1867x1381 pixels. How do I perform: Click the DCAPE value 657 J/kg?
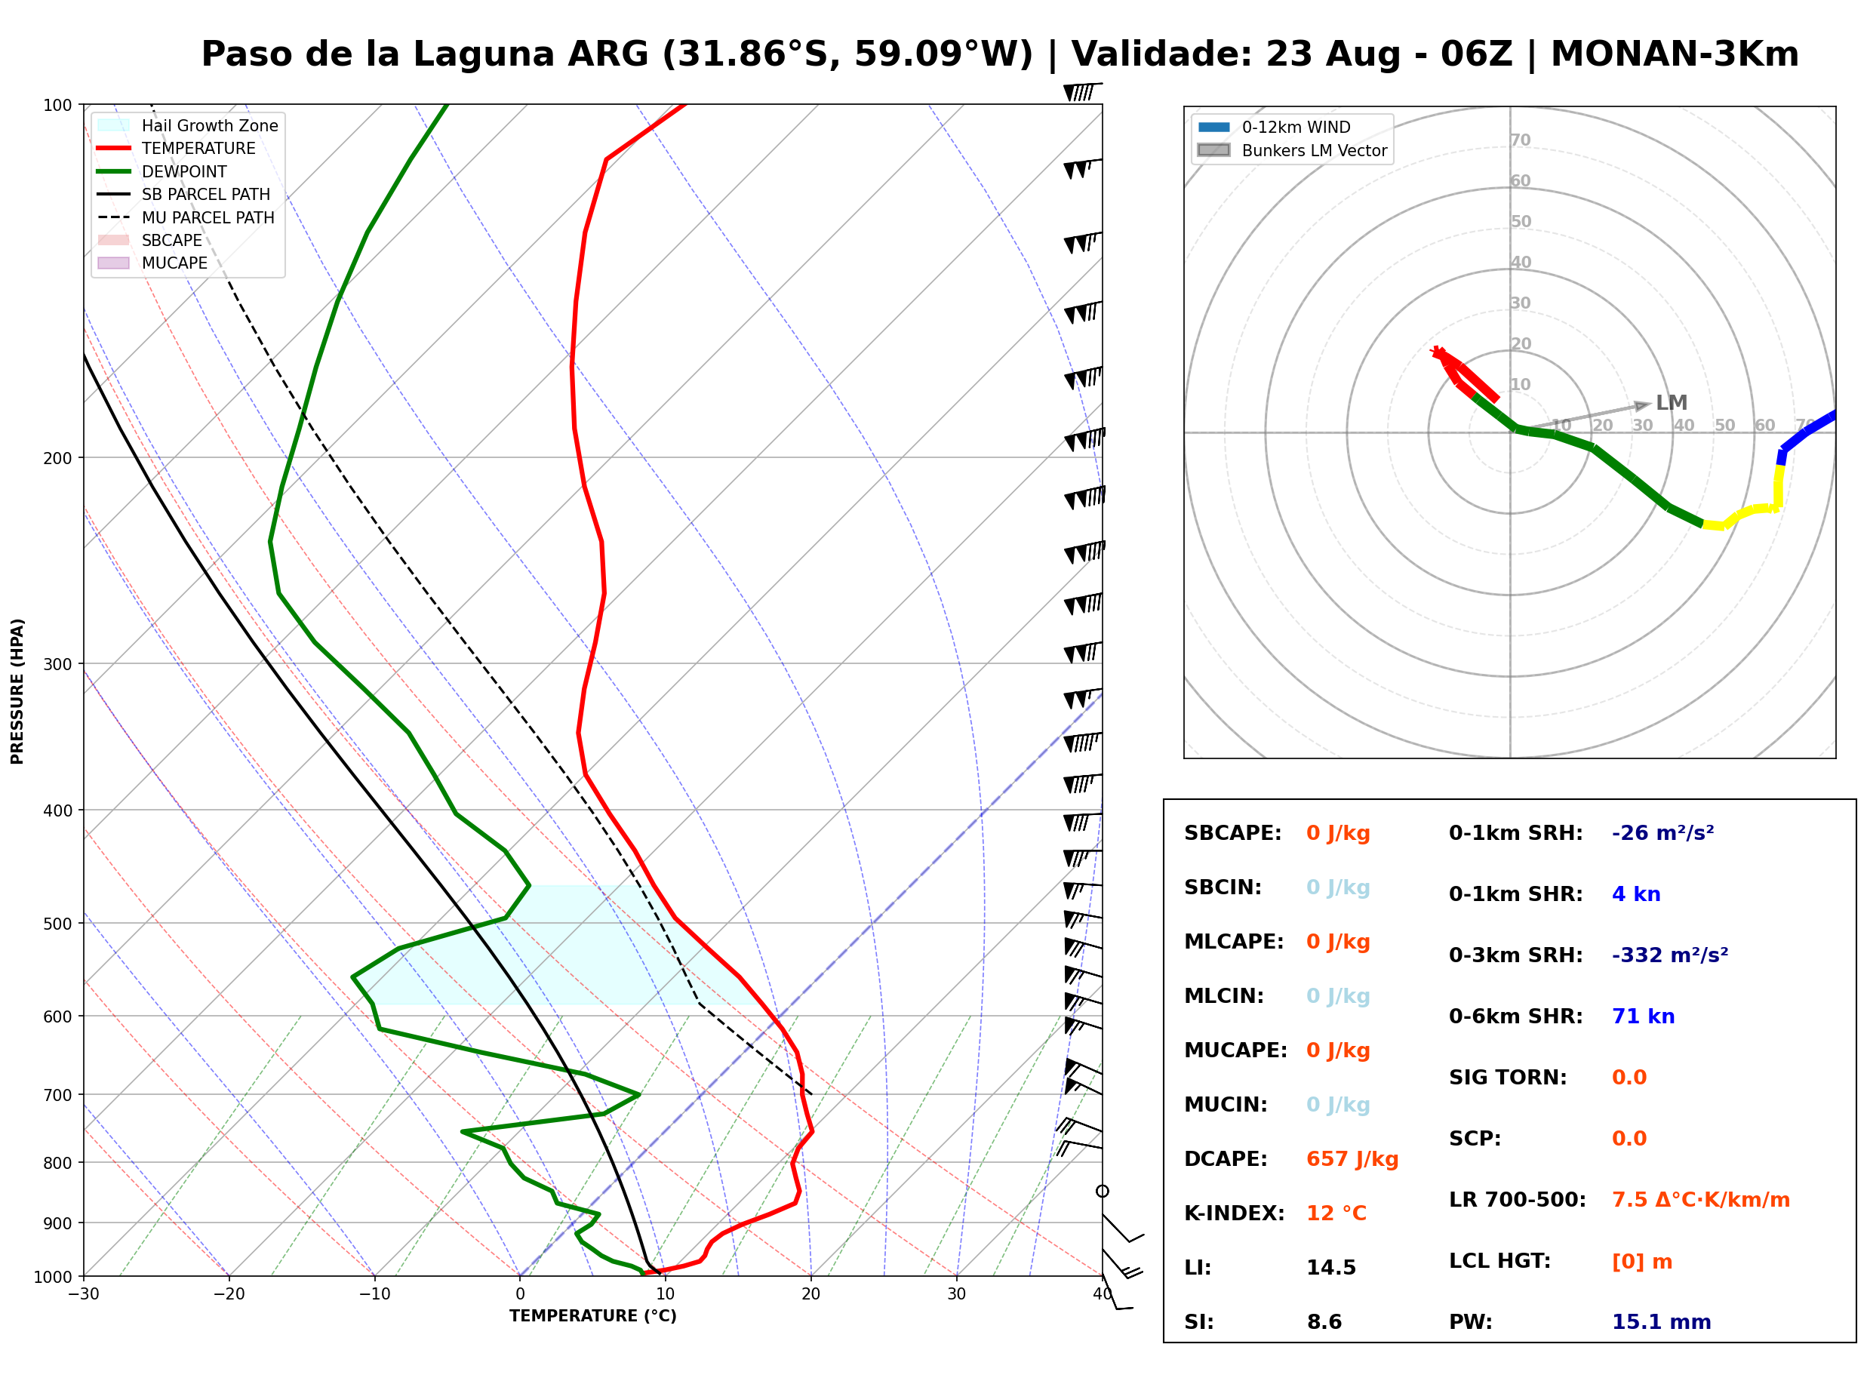(x=1352, y=1159)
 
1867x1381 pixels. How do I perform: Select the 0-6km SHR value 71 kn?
(x=1643, y=1017)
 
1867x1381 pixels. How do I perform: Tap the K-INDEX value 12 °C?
(x=1336, y=1213)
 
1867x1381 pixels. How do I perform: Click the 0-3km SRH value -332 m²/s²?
(x=1670, y=955)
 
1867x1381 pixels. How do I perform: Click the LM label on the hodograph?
(x=1672, y=403)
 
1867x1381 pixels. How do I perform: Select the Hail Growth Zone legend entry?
(x=188, y=125)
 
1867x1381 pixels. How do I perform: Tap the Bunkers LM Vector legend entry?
(x=1292, y=150)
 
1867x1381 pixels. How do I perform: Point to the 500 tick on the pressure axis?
(x=57, y=924)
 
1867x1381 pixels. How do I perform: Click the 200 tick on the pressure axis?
(x=57, y=458)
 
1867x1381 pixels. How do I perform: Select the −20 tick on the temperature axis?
(x=228, y=1294)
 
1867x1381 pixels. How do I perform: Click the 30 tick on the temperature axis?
(x=956, y=1294)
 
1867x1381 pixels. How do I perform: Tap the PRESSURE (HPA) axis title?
(x=17, y=691)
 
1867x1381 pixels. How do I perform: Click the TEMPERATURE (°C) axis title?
(x=593, y=1316)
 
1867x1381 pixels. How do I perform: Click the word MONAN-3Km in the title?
(x=1675, y=54)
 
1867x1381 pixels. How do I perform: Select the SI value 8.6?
(x=1324, y=1322)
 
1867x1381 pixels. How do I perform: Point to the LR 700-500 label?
(x=1518, y=1201)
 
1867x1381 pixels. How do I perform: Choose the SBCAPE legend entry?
(x=150, y=240)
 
